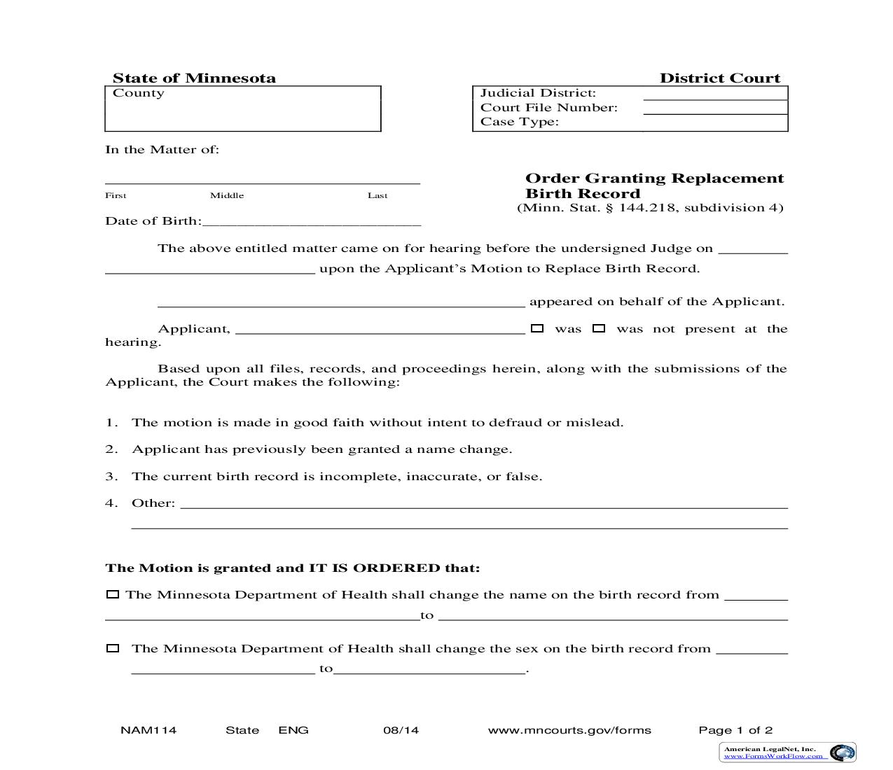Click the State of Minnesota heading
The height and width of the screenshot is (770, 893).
194,78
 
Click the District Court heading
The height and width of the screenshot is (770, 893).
719,78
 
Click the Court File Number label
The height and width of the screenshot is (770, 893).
548,108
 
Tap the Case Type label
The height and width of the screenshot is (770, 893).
519,122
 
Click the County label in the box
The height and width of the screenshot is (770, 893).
139,93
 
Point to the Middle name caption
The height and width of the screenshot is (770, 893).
227,195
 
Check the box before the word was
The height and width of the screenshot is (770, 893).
537,328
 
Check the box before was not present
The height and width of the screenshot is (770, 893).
599,328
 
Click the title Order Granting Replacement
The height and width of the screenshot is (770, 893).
654,178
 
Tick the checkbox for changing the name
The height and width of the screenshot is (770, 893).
112,595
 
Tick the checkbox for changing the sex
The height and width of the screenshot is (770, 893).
112,649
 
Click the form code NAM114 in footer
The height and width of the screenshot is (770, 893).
148,730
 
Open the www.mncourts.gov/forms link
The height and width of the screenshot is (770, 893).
569,730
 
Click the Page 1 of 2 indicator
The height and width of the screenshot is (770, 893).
735,730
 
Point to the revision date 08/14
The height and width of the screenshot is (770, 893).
401,730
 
